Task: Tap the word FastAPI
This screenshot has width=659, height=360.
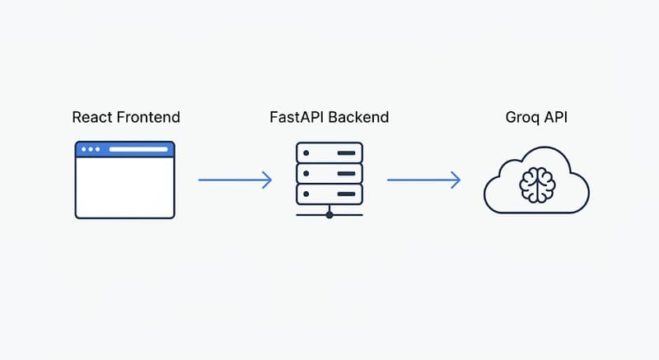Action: tap(297, 117)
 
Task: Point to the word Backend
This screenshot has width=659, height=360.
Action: tap(358, 117)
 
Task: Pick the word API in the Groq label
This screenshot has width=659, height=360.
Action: tap(556, 117)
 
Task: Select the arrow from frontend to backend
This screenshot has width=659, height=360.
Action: tap(235, 180)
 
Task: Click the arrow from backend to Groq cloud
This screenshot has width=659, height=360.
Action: tap(423, 180)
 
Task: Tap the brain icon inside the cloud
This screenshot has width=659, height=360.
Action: tap(538, 185)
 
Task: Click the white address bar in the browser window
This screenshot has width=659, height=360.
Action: tap(138, 149)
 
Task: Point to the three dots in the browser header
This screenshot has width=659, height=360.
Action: tap(91, 149)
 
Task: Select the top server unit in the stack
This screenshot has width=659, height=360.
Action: tap(329, 153)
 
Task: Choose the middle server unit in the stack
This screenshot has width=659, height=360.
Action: tap(329, 174)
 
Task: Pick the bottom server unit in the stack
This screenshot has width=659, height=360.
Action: tap(329, 194)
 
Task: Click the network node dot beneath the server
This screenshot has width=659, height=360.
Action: tap(329, 215)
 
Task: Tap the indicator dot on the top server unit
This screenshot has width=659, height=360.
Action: tap(306, 153)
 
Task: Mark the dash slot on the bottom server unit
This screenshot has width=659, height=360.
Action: tap(346, 194)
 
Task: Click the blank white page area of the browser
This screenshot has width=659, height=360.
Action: tap(125, 187)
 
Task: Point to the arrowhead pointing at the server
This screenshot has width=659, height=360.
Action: tap(267, 180)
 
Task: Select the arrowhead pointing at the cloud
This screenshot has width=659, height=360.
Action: tap(456, 180)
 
